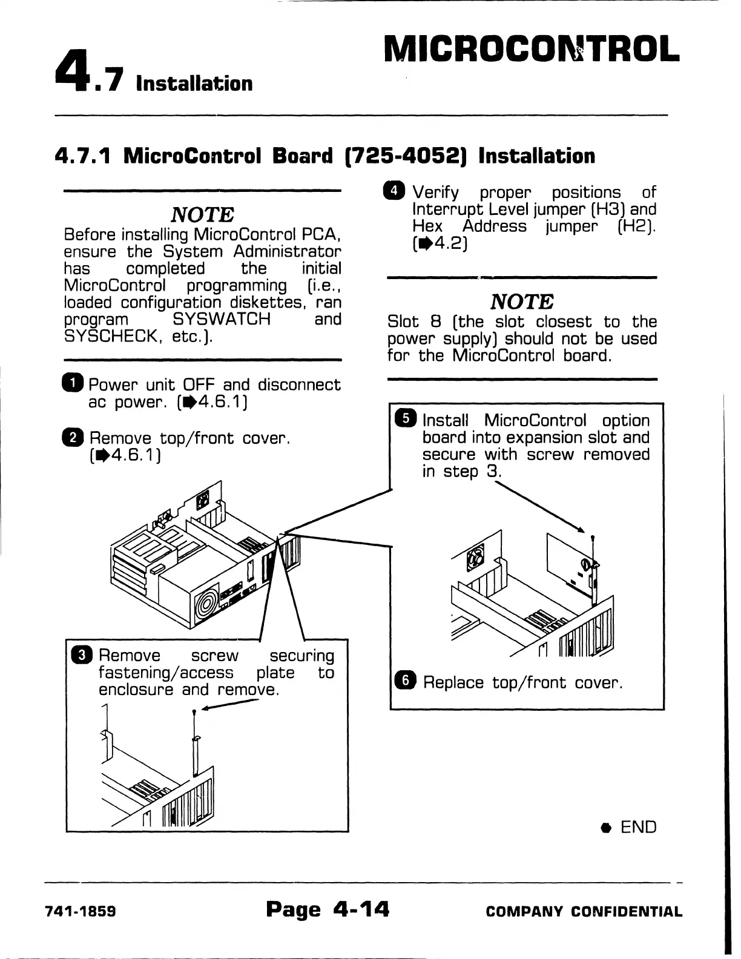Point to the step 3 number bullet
(x=81, y=655)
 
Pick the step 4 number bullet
(x=396, y=191)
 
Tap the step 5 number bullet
(x=404, y=419)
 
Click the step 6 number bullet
(x=404, y=681)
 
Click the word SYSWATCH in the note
(x=222, y=318)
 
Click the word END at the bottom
(x=639, y=827)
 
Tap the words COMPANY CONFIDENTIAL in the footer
(x=584, y=911)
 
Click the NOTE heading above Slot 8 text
(x=522, y=301)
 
